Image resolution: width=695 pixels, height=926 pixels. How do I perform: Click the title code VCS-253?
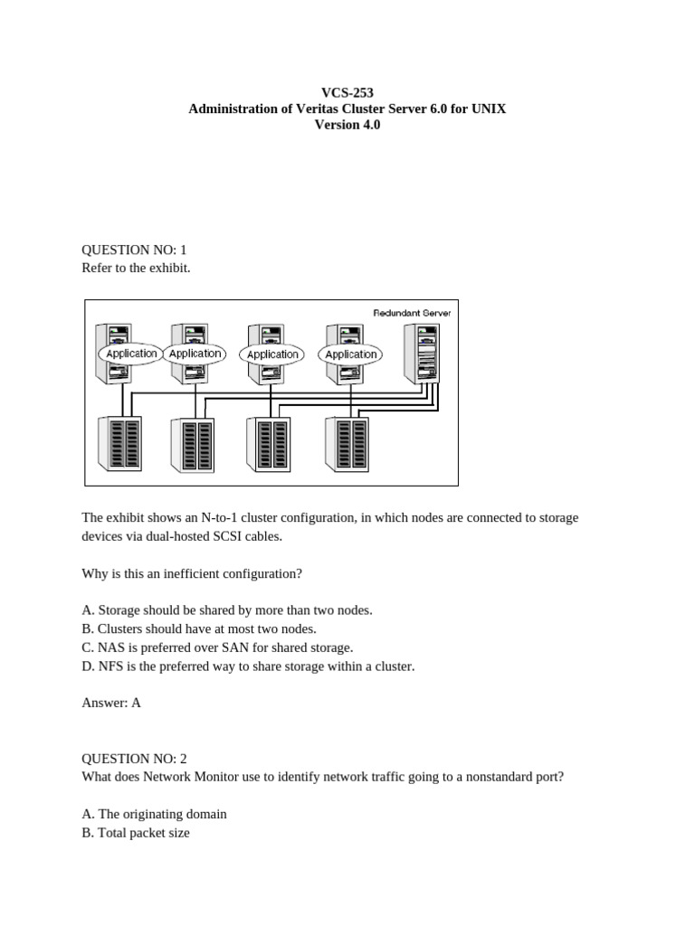point(347,92)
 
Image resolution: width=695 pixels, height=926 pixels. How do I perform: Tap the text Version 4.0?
point(347,125)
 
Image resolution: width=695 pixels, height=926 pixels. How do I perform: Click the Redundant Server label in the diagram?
point(412,312)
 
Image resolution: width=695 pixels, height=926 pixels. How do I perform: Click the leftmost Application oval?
point(131,354)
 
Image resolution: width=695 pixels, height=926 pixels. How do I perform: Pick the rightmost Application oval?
point(350,354)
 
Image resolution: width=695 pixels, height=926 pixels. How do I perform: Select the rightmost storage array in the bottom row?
point(342,443)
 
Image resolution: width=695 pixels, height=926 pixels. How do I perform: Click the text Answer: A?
point(111,703)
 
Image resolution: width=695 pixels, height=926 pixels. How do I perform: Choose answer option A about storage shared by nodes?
point(227,610)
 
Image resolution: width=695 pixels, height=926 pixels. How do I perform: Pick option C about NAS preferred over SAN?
point(217,647)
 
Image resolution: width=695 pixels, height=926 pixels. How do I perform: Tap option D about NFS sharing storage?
point(248,666)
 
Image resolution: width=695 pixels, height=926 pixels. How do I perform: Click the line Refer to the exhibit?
point(136,269)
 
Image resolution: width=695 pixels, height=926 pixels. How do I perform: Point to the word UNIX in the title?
point(489,109)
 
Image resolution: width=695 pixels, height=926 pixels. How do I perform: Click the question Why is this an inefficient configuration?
point(192,573)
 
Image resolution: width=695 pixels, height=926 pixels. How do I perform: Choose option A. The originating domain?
point(154,814)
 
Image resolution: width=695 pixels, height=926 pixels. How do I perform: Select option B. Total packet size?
point(136,833)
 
